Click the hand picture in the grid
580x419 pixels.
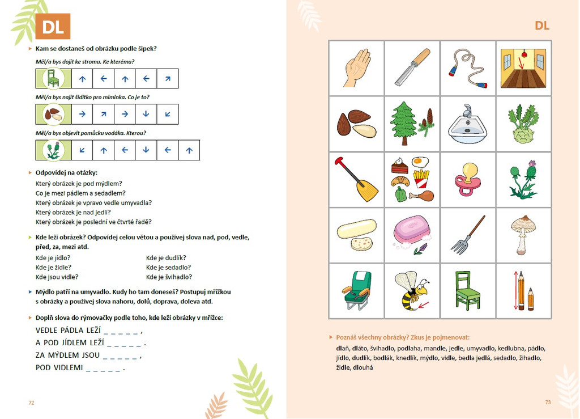(x=356, y=68)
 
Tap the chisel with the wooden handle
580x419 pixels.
(x=412, y=68)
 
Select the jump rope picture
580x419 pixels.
(x=468, y=68)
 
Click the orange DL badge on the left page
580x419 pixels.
(x=53, y=26)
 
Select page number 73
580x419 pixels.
(x=548, y=402)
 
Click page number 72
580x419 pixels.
(x=31, y=402)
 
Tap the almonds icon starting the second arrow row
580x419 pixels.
(x=53, y=115)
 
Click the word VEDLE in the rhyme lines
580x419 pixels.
(x=48, y=331)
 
